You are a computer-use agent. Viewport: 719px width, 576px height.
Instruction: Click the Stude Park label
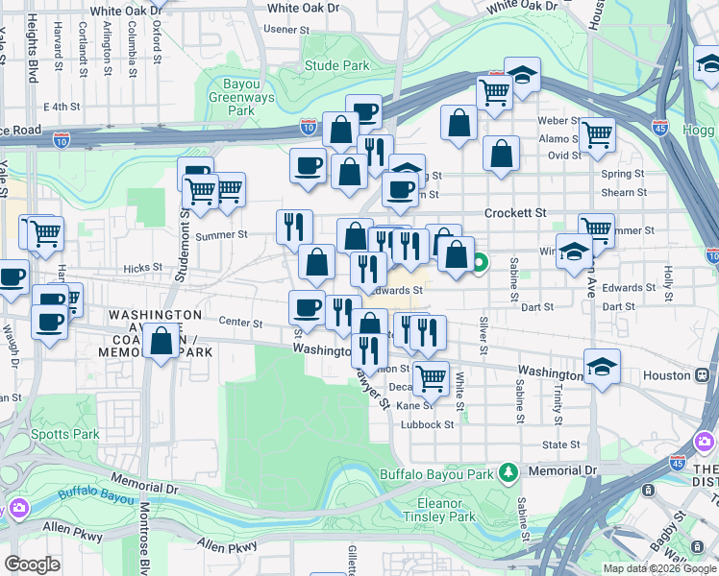coord(336,66)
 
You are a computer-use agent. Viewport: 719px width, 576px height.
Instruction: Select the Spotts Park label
coord(72,434)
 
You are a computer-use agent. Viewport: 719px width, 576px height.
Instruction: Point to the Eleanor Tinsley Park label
coord(446,510)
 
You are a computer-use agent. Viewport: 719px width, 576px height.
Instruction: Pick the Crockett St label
coord(515,212)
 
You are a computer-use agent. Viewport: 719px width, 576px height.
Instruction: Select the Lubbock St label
coord(429,424)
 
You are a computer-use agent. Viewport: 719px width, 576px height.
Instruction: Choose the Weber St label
coord(558,121)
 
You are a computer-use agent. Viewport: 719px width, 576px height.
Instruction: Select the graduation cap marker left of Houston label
coord(602,367)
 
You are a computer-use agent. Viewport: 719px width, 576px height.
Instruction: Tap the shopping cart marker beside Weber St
coord(597,133)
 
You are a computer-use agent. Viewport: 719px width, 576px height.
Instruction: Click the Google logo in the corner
coord(31,564)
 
